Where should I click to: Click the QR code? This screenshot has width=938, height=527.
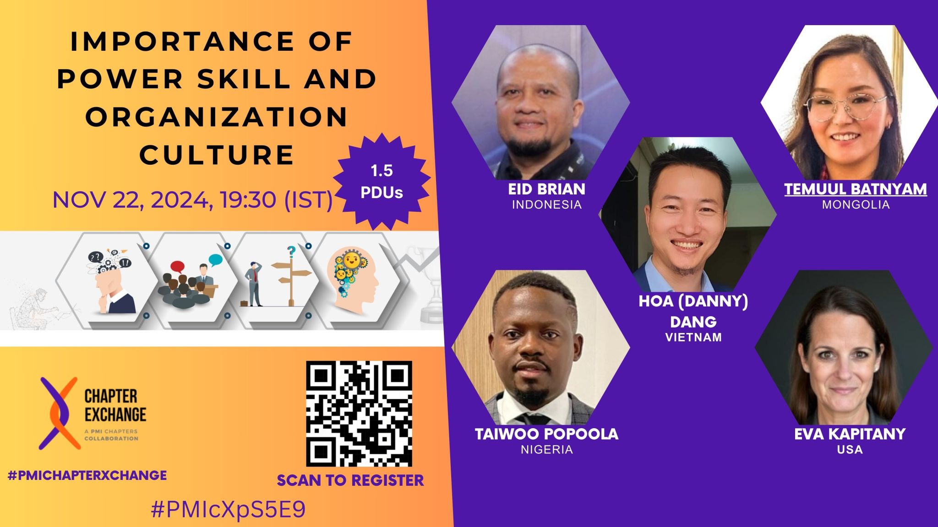click(x=359, y=414)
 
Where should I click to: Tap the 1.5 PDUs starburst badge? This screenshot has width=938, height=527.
click(x=381, y=182)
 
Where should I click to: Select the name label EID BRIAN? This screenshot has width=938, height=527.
click(x=546, y=189)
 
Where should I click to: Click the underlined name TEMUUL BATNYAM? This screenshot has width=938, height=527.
click(x=856, y=189)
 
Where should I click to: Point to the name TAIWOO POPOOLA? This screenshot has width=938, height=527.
click(x=546, y=434)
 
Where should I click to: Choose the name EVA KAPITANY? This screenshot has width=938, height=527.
click(x=850, y=434)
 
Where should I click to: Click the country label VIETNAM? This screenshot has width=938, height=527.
click(x=693, y=337)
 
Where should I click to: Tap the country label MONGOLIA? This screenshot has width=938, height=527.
click(x=856, y=204)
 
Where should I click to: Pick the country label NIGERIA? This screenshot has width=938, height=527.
click(x=546, y=449)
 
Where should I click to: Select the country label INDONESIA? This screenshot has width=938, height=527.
click(x=546, y=204)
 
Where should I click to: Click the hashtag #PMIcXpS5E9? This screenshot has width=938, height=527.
click(x=228, y=510)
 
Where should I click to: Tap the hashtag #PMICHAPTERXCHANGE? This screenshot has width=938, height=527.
click(x=87, y=475)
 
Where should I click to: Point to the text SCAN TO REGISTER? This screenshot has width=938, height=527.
click(x=350, y=480)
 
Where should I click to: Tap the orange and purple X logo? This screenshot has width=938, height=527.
click(x=58, y=413)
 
